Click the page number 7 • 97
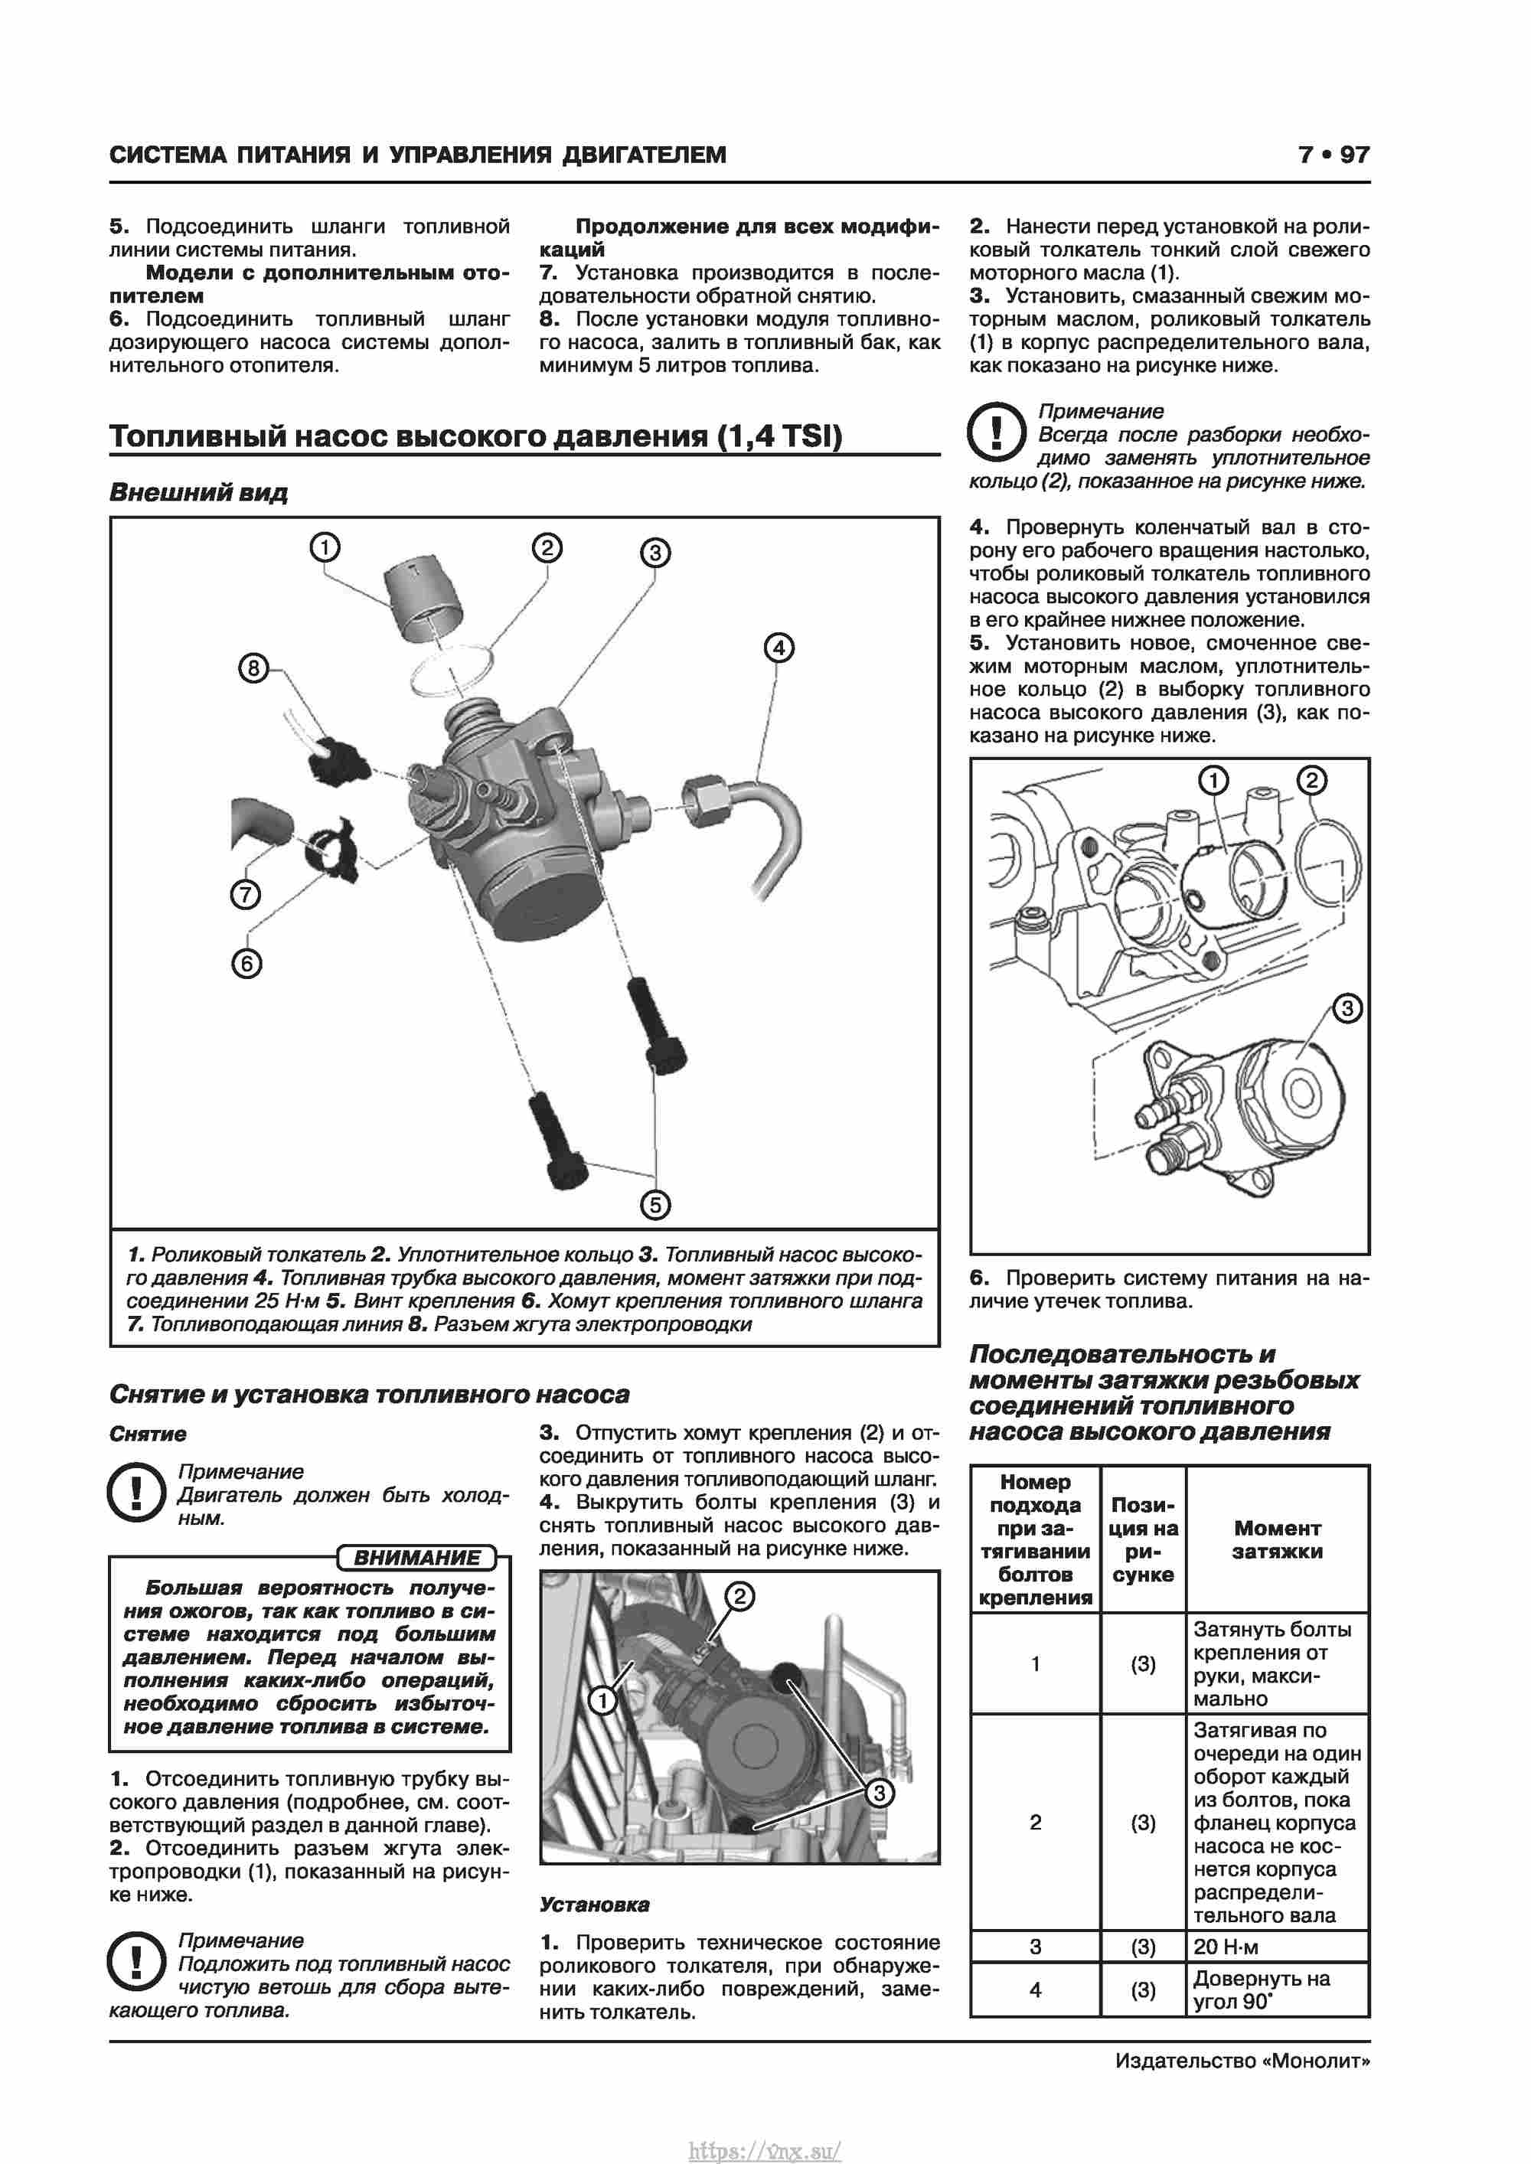(x=1333, y=155)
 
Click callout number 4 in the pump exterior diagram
(x=778, y=648)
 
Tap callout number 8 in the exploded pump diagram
(x=253, y=668)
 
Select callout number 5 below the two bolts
(x=655, y=1205)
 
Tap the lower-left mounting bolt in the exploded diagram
(x=559, y=1141)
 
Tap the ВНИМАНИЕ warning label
(x=416, y=1558)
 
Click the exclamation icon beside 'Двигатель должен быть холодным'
(x=137, y=1492)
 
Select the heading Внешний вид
(x=198, y=493)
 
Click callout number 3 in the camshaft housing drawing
(x=1347, y=1008)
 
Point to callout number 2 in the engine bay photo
(x=739, y=1596)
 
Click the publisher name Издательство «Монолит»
(x=1242, y=2061)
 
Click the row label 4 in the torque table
(x=1035, y=1989)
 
